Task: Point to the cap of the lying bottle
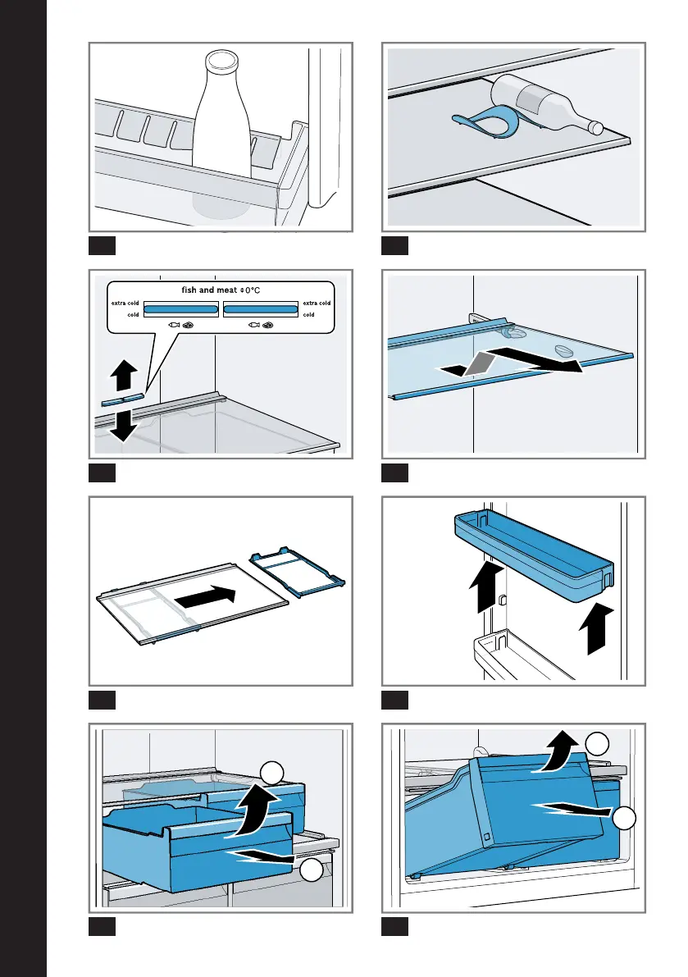(x=596, y=127)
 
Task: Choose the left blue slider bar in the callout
(x=181, y=308)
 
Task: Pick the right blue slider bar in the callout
(x=260, y=308)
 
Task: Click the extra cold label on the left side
(x=125, y=304)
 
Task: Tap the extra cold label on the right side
(x=318, y=304)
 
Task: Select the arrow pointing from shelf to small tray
(x=208, y=596)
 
